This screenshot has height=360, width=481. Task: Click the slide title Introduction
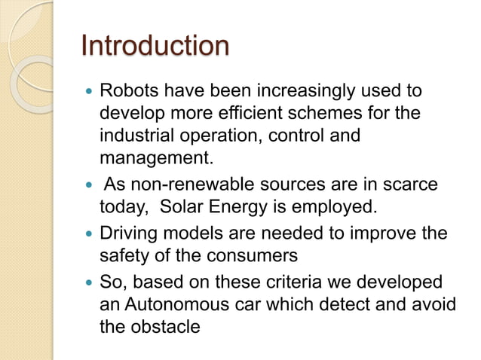pyautogui.click(x=155, y=46)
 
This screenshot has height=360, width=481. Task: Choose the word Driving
pyautogui.click(x=129, y=233)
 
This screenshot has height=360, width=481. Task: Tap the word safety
pyautogui.click(x=125, y=255)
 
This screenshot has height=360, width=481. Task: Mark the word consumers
pyautogui.click(x=250, y=255)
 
